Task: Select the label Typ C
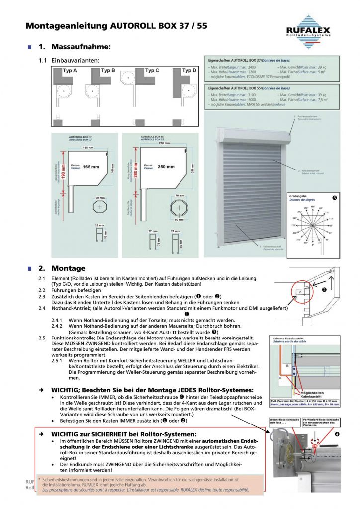pos(152,71)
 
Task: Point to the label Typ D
pos(189,71)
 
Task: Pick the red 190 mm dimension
pos(63,169)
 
